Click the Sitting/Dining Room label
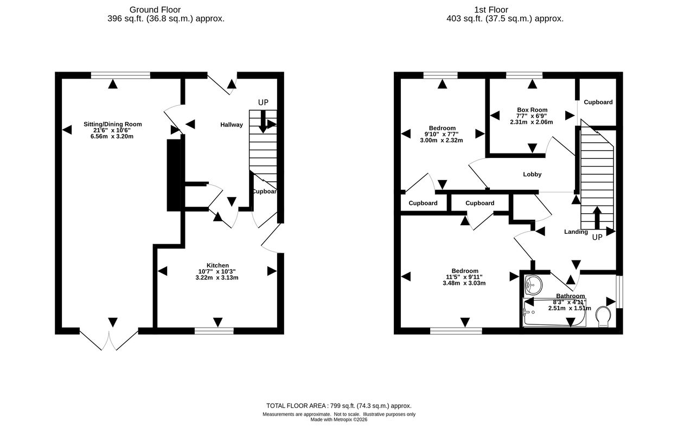113,124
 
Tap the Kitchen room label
218,265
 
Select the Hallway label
232,125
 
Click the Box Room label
532,110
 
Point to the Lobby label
532,174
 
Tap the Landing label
575,232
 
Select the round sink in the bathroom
533,285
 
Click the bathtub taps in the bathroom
528,312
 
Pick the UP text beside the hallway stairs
263,103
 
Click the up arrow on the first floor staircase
597,218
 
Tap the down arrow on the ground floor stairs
263,122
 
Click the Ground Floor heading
155,10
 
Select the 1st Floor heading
491,10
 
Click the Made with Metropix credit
338,420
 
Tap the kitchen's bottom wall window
214,331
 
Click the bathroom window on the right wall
619,292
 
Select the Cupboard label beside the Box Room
598,103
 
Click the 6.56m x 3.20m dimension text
112,137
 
